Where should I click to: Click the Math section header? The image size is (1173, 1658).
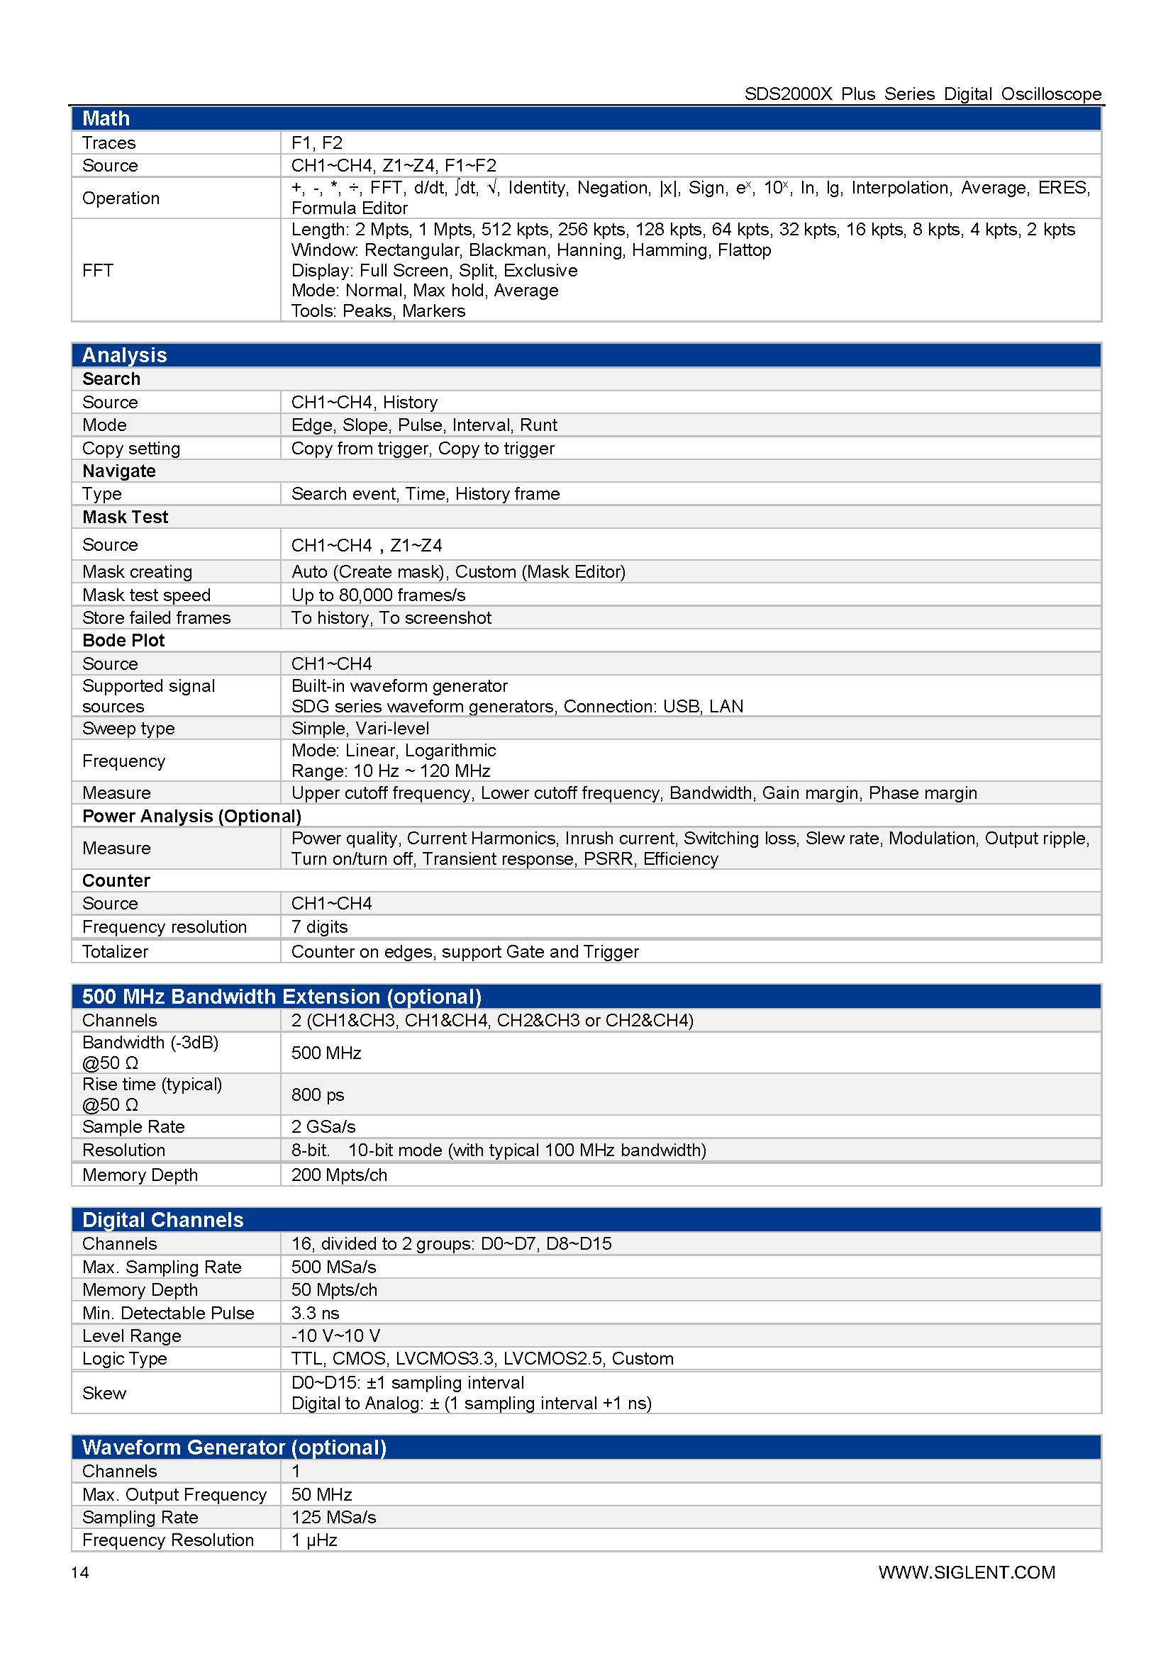(x=106, y=118)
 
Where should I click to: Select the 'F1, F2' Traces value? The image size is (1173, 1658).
(x=316, y=142)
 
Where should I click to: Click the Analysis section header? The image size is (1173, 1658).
(x=124, y=355)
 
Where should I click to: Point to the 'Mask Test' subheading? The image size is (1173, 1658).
(x=125, y=517)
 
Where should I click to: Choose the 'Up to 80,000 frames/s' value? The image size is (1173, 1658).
(x=378, y=595)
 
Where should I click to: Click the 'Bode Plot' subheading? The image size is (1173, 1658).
(x=123, y=641)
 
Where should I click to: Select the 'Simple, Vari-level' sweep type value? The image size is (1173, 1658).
(x=360, y=728)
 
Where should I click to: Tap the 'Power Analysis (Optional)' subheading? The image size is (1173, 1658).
(x=191, y=816)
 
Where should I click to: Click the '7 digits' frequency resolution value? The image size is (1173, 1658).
(x=319, y=926)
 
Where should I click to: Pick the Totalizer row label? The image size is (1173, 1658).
(x=115, y=952)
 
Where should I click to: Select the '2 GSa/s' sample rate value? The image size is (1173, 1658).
(x=323, y=1126)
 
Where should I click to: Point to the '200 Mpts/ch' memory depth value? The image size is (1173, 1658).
(x=339, y=1175)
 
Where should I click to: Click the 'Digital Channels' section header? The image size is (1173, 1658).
(x=162, y=1220)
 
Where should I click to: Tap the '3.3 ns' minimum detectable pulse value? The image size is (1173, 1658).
(x=315, y=1313)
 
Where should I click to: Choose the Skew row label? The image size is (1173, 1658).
(x=104, y=1393)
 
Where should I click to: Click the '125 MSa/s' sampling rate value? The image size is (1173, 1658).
(x=334, y=1517)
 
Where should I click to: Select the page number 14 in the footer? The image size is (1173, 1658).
(x=80, y=1572)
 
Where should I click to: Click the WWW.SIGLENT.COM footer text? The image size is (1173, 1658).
(x=967, y=1572)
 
